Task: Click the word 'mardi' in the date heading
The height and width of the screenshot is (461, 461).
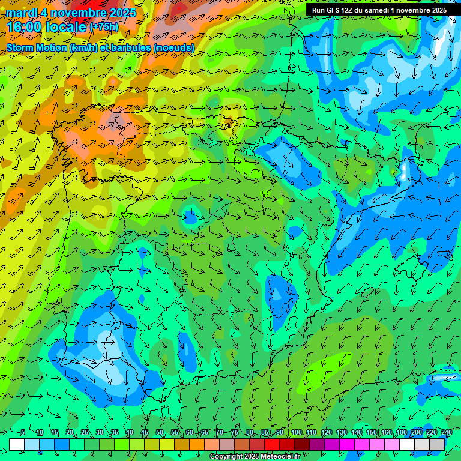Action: [x=22, y=13]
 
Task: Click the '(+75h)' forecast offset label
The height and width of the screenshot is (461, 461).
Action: [x=104, y=27]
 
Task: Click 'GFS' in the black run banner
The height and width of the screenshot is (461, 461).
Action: [x=334, y=10]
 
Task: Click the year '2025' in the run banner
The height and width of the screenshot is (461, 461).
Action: [x=437, y=10]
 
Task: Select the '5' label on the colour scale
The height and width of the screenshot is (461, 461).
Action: [x=23, y=432]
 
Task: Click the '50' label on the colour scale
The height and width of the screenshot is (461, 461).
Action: [x=159, y=432]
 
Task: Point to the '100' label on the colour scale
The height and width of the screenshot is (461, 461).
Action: [x=296, y=432]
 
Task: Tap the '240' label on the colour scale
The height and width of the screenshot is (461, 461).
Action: [x=446, y=432]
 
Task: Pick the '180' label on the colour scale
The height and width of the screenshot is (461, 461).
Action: [x=401, y=432]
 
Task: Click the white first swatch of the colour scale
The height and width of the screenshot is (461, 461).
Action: [x=17, y=444]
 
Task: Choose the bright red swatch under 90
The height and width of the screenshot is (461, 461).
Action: [x=287, y=444]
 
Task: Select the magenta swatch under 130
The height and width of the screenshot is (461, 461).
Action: [x=347, y=444]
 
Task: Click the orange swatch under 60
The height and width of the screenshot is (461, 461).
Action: [x=197, y=444]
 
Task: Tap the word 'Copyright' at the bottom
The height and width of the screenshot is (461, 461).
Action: [x=227, y=457]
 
